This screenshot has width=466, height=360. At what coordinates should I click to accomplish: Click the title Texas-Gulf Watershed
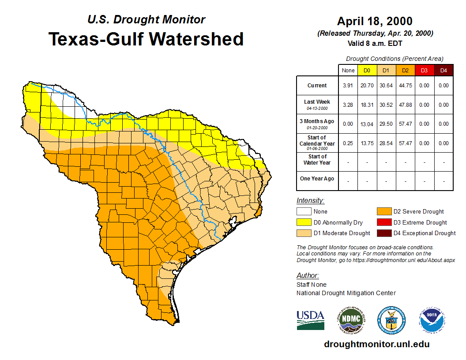point(146,39)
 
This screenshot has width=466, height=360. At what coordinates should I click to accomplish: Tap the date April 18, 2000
point(375,21)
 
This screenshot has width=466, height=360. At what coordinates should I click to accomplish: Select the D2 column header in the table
point(405,71)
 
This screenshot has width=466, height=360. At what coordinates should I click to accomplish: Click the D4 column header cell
point(443,71)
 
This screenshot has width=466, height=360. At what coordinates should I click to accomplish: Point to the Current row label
point(317,86)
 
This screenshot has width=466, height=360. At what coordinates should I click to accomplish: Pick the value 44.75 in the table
point(405,86)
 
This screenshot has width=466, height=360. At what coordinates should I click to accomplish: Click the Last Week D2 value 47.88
point(405,105)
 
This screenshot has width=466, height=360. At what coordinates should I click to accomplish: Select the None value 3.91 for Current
point(348,86)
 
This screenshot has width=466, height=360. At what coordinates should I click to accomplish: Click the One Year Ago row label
point(317,179)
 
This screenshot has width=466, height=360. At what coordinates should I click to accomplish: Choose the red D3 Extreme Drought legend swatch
point(383,222)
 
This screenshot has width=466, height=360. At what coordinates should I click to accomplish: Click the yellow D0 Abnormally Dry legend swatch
point(303,222)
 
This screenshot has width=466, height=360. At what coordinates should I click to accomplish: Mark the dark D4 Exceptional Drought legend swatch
point(383,233)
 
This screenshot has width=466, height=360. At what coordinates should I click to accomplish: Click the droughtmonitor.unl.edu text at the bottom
point(376,344)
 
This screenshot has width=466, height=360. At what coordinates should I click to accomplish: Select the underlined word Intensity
point(310,201)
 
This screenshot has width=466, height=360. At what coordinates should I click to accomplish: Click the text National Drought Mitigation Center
point(346,293)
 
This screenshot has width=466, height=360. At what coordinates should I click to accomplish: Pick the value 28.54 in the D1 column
point(386,143)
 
